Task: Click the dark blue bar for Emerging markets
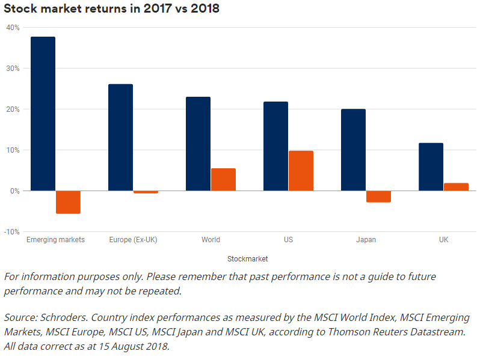point(43,114)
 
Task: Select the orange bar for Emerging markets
point(68,202)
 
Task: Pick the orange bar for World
point(223,180)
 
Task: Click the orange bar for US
point(301,171)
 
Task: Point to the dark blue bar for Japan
point(353,150)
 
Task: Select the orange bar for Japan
point(378,197)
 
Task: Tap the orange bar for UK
point(456,187)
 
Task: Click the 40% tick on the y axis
point(13,28)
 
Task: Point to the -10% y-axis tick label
point(11,232)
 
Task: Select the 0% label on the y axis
point(14,191)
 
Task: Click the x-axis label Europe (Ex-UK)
point(133,240)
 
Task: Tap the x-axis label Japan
point(366,240)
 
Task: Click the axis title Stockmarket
point(247,259)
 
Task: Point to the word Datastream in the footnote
point(440,332)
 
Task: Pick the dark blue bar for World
point(198,144)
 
